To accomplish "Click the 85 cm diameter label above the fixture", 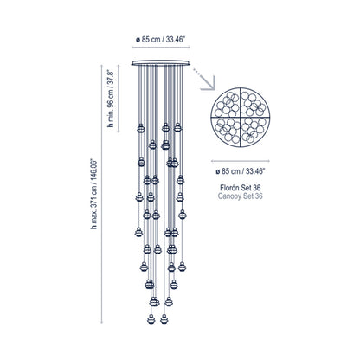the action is click(160, 39).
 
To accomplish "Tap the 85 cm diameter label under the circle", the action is click(241, 171).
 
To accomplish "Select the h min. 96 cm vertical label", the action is click(111, 99).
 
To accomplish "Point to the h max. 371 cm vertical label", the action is click(93, 194).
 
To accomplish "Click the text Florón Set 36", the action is click(241, 188).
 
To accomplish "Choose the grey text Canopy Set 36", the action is click(241, 196).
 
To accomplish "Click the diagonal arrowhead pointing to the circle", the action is click(209, 84).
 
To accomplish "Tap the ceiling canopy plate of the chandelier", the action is click(161, 63).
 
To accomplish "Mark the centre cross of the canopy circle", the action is click(241, 118).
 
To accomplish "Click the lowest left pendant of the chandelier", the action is click(151, 318).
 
